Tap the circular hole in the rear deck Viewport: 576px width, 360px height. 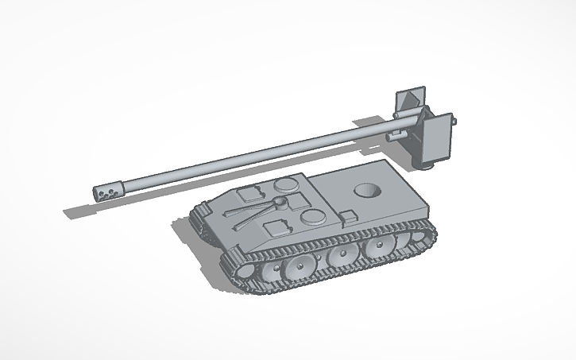[x=366, y=191]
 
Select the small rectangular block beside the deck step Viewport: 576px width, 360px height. [x=349, y=216]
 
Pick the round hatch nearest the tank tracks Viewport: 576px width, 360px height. [x=312, y=217]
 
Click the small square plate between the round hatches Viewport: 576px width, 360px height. [x=300, y=199]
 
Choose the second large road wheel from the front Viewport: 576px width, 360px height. [x=339, y=255]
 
